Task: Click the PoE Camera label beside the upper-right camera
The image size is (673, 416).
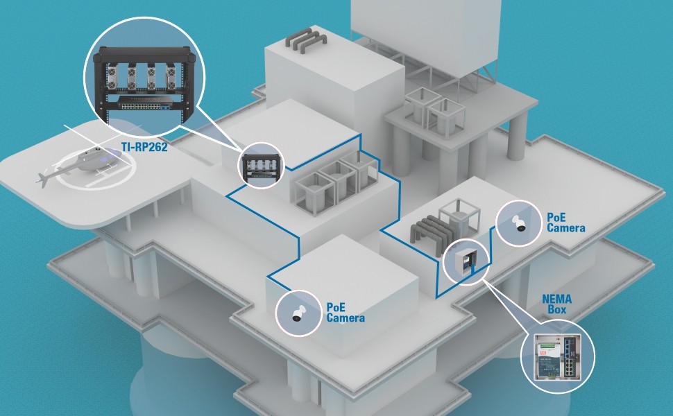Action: tap(565, 223)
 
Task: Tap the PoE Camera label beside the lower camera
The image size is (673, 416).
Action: tap(345, 313)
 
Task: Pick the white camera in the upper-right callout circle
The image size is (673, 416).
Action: tap(519, 223)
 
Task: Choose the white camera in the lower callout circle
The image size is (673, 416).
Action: tap(298, 313)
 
